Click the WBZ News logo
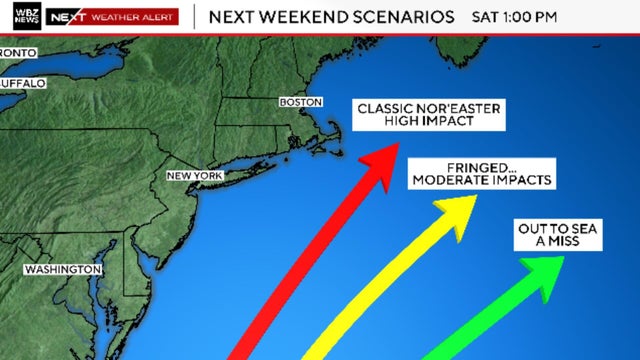pyautogui.click(x=21, y=17)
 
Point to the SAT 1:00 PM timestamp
pyautogui.click(x=516, y=17)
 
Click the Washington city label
pyautogui.click(x=62, y=270)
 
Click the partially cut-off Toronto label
pyautogui.click(x=18, y=52)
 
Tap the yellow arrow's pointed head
pyautogui.click(x=462, y=210)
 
